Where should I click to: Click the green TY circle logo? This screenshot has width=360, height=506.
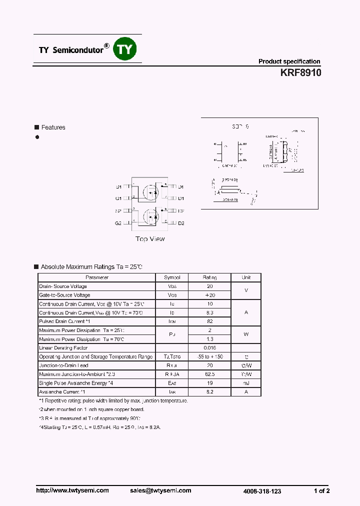(x=125, y=49)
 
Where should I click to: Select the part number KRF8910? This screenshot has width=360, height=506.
(x=300, y=72)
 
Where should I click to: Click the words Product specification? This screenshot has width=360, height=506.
(x=289, y=61)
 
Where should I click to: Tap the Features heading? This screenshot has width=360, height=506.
(x=53, y=127)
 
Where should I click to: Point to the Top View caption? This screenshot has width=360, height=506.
(x=150, y=239)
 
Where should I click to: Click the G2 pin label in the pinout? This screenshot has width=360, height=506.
(x=118, y=223)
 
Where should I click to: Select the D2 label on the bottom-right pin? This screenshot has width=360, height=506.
(x=181, y=223)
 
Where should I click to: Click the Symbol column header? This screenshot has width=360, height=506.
(x=172, y=277)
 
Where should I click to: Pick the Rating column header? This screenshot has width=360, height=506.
(x=209, y=277)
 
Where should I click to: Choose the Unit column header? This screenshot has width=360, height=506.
(x=246, y=277)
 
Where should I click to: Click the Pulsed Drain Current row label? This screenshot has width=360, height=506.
(x=64, y=321)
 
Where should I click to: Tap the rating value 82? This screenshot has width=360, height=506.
(x=209, y=321)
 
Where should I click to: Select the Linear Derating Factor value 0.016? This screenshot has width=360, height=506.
(x=209, y=347)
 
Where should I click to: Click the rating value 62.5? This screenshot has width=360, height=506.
(x=209, y=374)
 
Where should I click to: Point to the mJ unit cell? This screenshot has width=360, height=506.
(x=246, y=383)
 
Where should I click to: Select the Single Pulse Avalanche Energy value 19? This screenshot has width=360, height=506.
(x=209, y=383)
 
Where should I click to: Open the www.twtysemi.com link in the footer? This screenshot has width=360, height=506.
(x=72, y=490)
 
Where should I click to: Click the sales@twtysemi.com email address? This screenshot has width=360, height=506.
(x=160, y=490)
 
